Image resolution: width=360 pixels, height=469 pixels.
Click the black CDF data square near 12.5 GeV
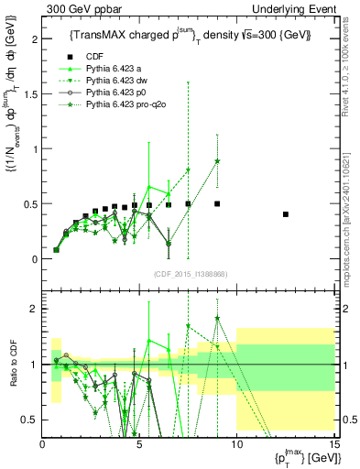(x=286, y=214)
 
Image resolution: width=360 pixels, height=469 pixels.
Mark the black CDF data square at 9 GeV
(x=217, y=203)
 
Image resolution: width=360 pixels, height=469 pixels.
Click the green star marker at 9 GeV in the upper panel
(x=217, y=161)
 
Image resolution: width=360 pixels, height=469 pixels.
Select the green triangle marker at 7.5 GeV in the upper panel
(x=188, y=170)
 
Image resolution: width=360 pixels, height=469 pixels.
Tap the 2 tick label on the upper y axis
(x=34, y=39)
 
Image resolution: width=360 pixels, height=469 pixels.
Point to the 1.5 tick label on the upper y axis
(x=30, y=94)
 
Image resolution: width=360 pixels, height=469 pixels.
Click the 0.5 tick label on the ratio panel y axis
(x=30, y=420)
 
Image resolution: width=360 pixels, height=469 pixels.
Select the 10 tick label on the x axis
(x=236, y=443)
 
